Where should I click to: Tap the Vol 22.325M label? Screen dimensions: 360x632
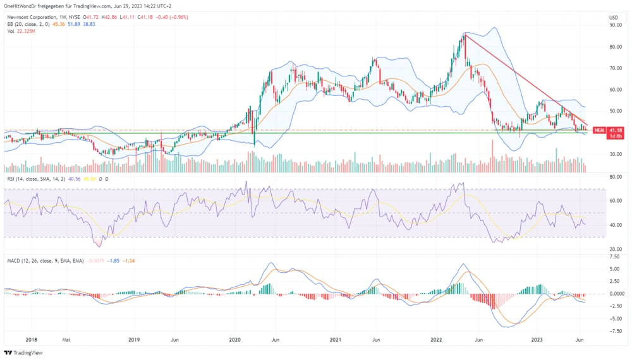click(20, 30)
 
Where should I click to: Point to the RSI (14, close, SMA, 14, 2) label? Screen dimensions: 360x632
click(37, 179)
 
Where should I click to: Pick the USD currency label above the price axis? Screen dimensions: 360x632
click(612, 17)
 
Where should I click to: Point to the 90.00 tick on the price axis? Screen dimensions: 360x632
click(614, 25)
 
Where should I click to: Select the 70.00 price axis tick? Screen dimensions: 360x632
click(614, 68)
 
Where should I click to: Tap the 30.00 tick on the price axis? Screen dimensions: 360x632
click(614, 154)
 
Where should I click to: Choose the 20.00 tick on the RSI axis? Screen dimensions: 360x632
click(614, 249)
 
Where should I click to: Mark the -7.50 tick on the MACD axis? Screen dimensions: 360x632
click(614, 329)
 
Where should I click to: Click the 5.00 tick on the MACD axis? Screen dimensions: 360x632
click(614, 269)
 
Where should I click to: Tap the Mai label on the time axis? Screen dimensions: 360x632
click(66, 339)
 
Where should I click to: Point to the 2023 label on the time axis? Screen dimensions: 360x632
click(537, 339)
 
